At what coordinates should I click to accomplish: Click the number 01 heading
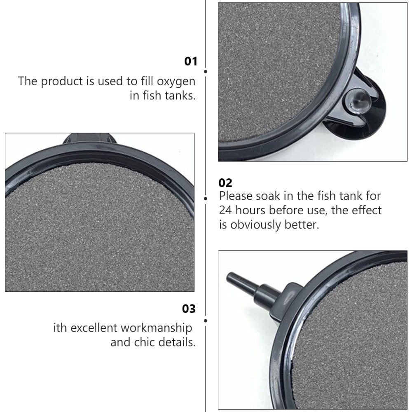[x=190, y=62]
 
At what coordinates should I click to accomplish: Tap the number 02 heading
[x=225, y=183]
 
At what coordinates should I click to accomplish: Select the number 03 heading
[x=189, y=309]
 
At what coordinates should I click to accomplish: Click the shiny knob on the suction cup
[x=352, y=99]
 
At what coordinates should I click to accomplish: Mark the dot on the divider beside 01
[x=206, y=71]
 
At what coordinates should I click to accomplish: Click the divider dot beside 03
[x=206, y=320]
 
